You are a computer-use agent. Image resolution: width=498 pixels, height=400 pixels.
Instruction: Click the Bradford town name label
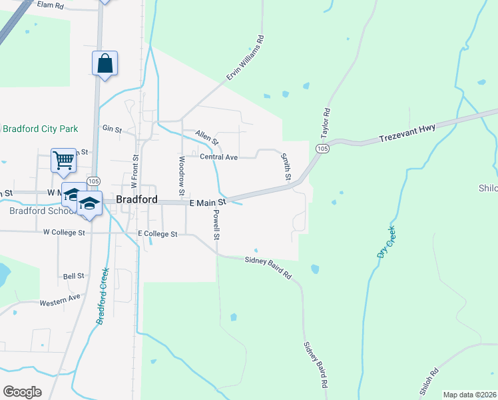coord(136,199)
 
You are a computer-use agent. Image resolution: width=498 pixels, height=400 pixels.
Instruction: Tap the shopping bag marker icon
coord(105,64)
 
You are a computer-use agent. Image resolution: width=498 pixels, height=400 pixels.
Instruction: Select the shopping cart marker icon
coord(63,160)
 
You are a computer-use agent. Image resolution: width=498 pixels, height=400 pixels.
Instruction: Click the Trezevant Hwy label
coord(407,133)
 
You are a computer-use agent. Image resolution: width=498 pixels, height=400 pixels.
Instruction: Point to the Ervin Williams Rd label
coord(245,59)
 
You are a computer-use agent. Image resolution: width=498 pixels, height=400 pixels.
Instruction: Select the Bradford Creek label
coord(101,297)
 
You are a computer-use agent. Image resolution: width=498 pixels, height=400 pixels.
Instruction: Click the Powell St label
coord(216,225)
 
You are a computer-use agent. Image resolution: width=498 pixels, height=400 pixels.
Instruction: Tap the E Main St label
coord(208,202)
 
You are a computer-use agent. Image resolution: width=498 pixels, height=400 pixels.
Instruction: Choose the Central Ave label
coord(218,157)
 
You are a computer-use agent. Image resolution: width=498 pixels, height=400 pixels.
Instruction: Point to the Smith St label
coord(286,167)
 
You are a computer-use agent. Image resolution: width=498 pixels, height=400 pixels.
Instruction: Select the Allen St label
coord(206,138)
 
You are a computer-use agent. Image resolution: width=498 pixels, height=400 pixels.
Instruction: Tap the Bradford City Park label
coord(40,129)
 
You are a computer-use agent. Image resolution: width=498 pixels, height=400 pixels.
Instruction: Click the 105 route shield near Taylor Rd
coord(322,148)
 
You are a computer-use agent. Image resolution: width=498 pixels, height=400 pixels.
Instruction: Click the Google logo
coord(22,392)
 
